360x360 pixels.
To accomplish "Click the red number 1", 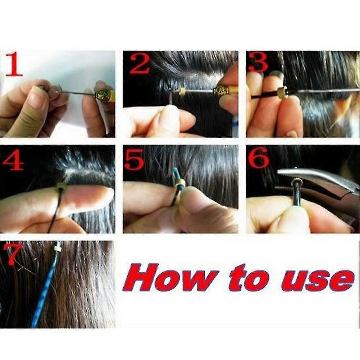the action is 14,64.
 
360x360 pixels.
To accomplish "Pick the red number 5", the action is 134,159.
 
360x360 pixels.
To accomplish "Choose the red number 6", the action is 259,158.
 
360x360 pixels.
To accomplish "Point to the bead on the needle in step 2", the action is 183,91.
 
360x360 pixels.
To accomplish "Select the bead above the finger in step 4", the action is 61,185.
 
